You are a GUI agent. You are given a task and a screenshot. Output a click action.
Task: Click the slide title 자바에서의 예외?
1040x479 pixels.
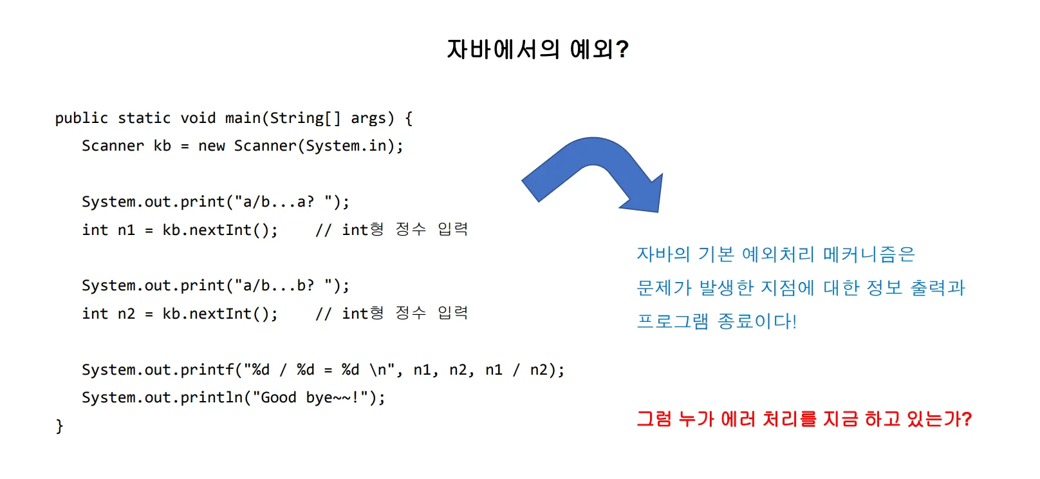click(537, 49)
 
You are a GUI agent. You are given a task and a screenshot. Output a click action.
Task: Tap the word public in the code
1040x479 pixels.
click(81, 118)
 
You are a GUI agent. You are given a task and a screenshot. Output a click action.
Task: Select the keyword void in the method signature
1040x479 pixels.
click(198, 118)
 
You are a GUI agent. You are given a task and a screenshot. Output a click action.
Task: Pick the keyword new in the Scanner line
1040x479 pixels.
click(211, 146)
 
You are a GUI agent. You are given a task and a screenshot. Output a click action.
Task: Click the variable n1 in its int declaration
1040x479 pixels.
click(126, 230)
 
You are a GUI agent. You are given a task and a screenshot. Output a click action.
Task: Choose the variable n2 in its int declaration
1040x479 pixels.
click(126, 314)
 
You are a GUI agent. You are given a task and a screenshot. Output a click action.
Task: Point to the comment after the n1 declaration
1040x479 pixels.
click(391, 229)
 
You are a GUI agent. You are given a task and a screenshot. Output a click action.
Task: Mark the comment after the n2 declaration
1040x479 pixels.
click(391, 313)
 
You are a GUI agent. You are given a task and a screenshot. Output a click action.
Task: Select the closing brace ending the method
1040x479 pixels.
click(59, 426)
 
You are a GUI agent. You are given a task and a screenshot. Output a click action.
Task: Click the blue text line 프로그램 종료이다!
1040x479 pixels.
click(716, 321)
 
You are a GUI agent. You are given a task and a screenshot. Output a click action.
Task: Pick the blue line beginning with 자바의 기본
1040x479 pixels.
click(775, 254)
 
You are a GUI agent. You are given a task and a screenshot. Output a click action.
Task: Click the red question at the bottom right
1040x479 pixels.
click(804, 419)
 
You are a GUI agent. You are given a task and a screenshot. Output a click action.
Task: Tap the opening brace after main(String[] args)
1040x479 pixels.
click(409, 118)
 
